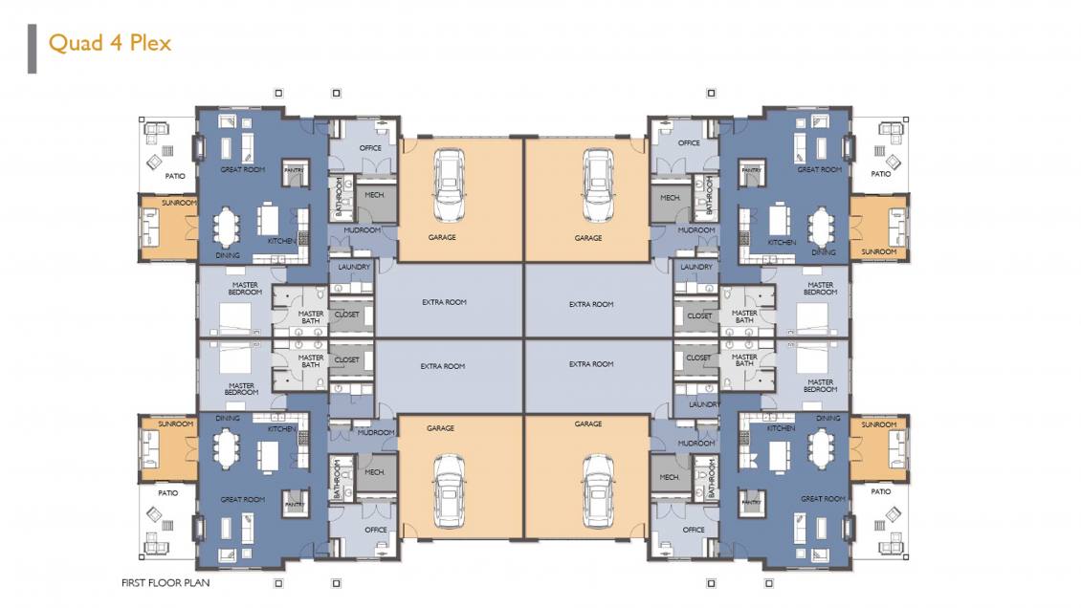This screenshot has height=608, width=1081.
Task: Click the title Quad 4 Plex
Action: point(109,43)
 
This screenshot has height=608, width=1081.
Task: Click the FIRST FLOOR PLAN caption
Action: point(165,582)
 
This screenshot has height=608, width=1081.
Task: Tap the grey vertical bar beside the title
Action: point(32,48)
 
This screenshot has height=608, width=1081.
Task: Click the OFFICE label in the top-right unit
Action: point(689,143)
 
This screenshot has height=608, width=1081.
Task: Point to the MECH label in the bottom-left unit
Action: point(374,472)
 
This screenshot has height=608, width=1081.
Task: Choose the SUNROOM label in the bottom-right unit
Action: point(878,424)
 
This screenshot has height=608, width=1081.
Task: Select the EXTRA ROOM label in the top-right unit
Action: point(590,305)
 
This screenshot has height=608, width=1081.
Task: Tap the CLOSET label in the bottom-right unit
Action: point(699,358)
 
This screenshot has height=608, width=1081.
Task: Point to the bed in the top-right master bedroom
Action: point(813,315)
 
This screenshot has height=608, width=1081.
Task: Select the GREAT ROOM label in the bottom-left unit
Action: point(242,500)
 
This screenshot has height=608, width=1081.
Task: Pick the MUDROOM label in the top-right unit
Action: point(695,230)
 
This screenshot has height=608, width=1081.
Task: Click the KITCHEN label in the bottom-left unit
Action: point(281,429)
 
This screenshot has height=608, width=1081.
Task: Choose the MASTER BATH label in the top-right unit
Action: point(744,316)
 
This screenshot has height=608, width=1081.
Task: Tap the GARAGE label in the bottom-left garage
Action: point(440,428)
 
